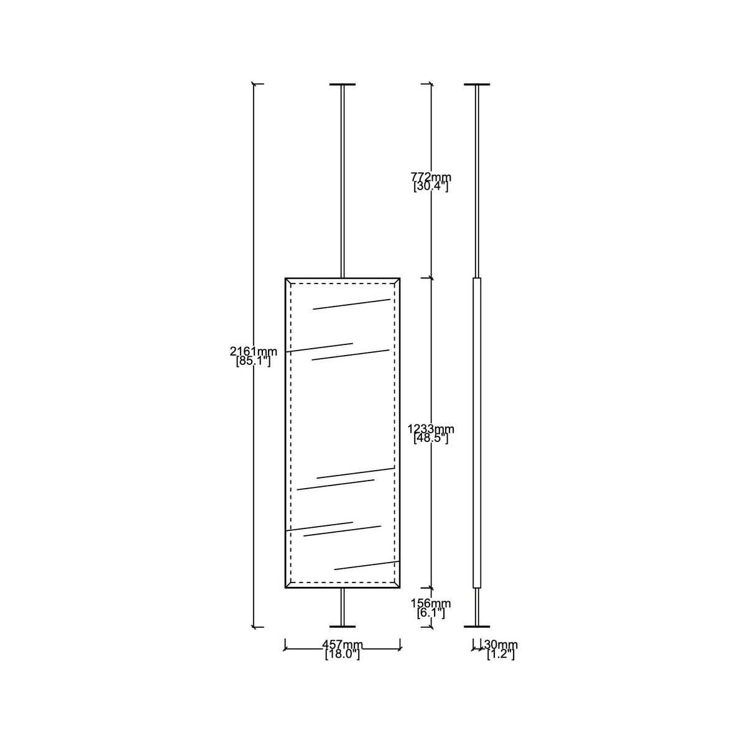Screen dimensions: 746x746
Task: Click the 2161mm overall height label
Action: (x=254, y=351)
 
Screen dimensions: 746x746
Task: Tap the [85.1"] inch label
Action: (x=254, y=362)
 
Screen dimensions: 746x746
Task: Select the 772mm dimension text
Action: (x=431, y=177)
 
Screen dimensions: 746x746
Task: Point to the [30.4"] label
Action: (x=431, y=187)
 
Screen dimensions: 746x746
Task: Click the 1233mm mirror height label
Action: (x=431, y=429)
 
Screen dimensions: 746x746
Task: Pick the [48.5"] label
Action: (x=431, y=439)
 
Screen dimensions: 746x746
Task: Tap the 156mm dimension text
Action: (x=431, y=603)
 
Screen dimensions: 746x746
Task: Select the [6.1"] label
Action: (x=431, y=613)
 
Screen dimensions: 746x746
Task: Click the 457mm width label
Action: (x=343, y=645)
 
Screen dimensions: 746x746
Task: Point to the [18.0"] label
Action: (x=343, y=654)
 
